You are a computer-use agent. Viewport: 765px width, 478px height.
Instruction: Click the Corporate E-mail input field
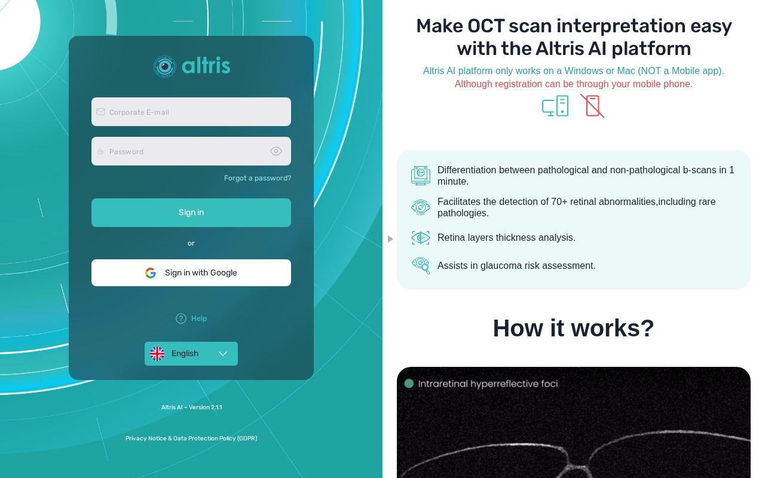pos(191,112)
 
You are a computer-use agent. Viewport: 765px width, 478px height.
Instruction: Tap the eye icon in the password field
pos(276,151)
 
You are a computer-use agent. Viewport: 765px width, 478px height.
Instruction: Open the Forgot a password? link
pos(258,178)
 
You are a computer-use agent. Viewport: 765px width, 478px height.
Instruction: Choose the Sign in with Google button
pos(191,272)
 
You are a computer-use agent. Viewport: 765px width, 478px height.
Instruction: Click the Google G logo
pos(151,273)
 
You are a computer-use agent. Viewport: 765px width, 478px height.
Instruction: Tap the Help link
pos(199,318)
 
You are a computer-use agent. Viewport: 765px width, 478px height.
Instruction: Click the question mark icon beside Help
pos(181,318)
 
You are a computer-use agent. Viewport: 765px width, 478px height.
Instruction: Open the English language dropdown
pos(191,353)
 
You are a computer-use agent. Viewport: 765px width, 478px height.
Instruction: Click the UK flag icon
pos(157,353)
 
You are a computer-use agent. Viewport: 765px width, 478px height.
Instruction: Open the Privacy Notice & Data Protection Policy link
pos(191,438)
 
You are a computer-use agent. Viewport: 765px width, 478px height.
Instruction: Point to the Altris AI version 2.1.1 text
pos(192,407)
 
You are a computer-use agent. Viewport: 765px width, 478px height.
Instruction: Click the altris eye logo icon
pos(164,66)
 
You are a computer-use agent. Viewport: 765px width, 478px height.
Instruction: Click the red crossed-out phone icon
pos(592,106)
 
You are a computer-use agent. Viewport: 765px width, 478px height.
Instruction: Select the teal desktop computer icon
pos(555,106)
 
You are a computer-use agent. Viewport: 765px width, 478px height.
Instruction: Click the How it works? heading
pos(573,328)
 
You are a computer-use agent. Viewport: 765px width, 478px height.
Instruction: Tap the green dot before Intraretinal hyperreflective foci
pos(409,384)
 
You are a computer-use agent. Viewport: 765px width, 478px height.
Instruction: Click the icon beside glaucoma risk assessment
pos(421,265)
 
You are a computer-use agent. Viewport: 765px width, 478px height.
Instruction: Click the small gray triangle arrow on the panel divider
pos(390,239)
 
